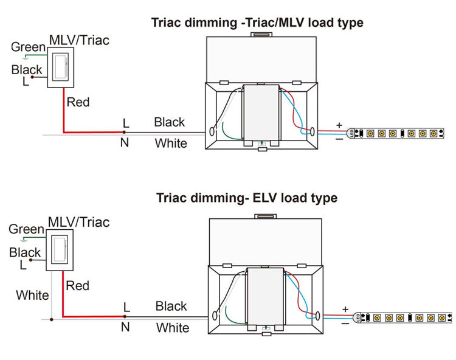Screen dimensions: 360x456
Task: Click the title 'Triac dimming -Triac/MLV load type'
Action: click(x=257, y=23)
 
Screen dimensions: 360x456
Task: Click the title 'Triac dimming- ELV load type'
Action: click(x=246, y=198)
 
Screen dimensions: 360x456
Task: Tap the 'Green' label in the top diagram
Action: click(x=28, y=47)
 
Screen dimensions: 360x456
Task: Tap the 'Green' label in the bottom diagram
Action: click(x=26, y=229)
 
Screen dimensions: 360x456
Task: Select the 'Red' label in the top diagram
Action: click(x=78, y=102)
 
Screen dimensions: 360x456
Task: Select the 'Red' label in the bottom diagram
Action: click(x=77, y=285)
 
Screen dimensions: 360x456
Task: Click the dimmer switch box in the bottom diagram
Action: click(x=59, y=249)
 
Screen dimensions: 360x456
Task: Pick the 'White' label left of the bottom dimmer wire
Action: click(x=32, y=296)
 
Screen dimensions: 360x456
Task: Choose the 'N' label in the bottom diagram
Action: click(x=125, y=327)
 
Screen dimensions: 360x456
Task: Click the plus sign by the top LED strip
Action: click(x=339, y=125)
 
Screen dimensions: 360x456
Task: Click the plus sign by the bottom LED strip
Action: click(x=345, y=309)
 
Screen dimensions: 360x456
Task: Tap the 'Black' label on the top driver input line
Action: click(x=169, y=122)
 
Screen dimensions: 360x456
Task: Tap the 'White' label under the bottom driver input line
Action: click(x=173, y=328)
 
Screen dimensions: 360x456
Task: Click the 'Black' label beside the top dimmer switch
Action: click(x=26, y=70)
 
